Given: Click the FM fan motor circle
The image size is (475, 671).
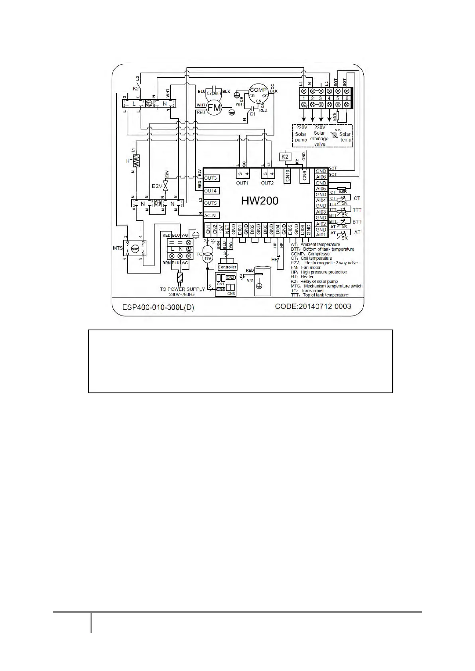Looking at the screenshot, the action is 214,108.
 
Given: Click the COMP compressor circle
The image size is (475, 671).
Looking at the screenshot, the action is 258,94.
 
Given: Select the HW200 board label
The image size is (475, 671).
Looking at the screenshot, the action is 260,200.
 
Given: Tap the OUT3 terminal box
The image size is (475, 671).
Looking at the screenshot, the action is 211,178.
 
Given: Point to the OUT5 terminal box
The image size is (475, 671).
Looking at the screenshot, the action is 211,203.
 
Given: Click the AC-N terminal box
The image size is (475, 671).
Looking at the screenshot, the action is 210,215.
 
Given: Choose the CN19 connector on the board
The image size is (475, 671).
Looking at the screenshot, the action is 288,176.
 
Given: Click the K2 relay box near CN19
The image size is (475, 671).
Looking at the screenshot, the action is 285,157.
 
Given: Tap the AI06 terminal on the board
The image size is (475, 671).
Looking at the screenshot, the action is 321,177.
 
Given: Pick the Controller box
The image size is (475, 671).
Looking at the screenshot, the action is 227,267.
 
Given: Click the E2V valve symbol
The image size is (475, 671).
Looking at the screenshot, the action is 164,186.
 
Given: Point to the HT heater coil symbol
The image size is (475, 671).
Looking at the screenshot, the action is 137,161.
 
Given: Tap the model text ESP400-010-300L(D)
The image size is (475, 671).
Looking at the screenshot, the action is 158,308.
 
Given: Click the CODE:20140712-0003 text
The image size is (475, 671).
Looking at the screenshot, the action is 313,306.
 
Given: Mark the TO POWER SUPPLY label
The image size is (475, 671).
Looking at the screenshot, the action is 182,289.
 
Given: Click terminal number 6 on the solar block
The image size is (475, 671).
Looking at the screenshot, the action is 347,98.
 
